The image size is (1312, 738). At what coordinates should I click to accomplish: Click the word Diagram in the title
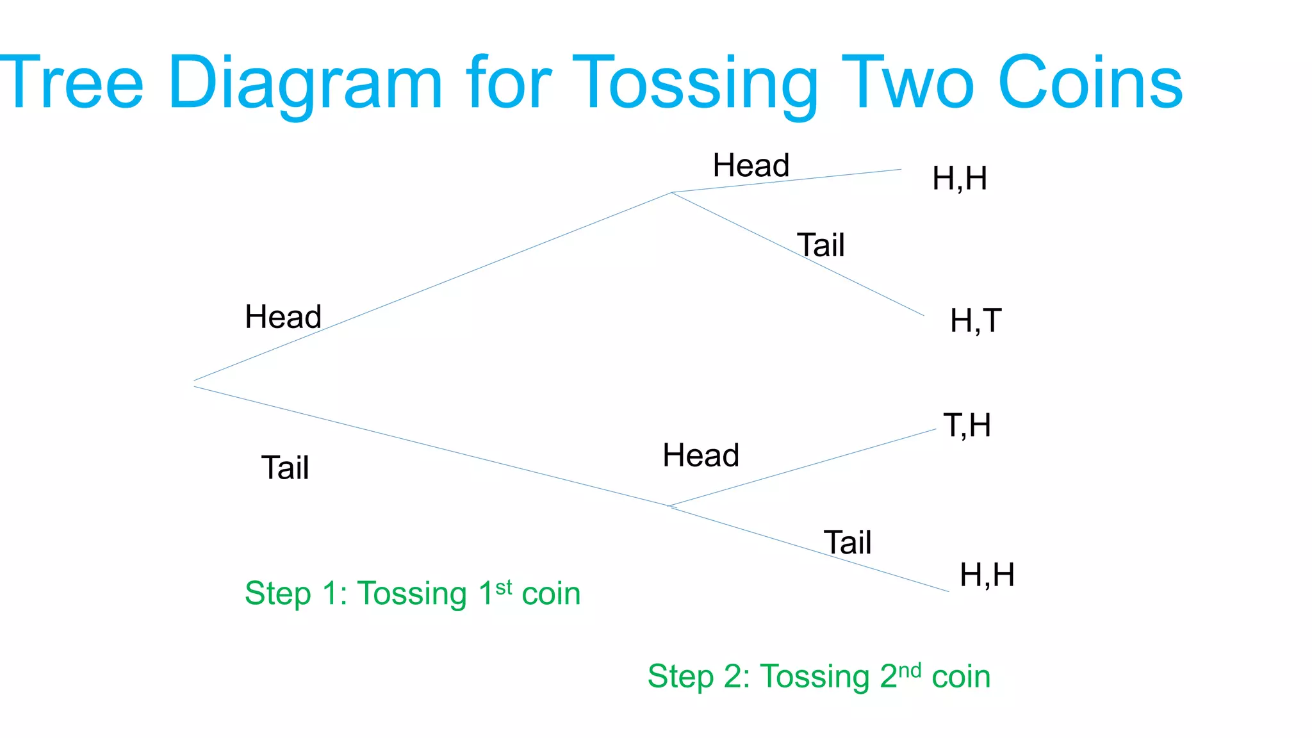[x=305, y=83]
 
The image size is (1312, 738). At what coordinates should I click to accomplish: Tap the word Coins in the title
[x=1090, y=83]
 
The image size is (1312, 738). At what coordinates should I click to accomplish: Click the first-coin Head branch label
[x=283, y=317]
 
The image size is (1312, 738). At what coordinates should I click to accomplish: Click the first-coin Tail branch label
[x=285, y=468]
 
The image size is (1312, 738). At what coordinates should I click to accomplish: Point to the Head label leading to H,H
[x=751, y=166]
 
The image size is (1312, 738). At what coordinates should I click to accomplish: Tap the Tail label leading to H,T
[x=821, y=245]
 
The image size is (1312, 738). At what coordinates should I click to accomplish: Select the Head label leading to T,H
[x=701, y=455]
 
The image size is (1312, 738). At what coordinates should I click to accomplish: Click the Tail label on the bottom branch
[x=847, y=543]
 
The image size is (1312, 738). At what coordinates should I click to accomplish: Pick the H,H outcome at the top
[x=959, y=179]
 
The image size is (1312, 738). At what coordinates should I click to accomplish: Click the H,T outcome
[x=976, y=321]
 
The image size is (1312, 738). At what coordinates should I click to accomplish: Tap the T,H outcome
[x=967, y=425]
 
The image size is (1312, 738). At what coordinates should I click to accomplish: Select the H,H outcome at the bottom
[x=987, y=575]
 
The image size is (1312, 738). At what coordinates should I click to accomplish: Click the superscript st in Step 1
[x=504, y=587]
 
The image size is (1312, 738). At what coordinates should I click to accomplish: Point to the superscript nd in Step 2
[x=909, y=671]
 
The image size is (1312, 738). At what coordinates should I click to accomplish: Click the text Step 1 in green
[x=295, y=593]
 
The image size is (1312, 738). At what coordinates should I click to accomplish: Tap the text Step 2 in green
[x=698, y=676]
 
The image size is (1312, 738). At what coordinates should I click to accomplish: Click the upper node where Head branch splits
[x=671, y=192]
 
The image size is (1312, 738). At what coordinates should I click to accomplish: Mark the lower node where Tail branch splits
[x=670, y=507]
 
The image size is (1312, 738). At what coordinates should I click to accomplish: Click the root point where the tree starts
[x=194, y=384]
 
